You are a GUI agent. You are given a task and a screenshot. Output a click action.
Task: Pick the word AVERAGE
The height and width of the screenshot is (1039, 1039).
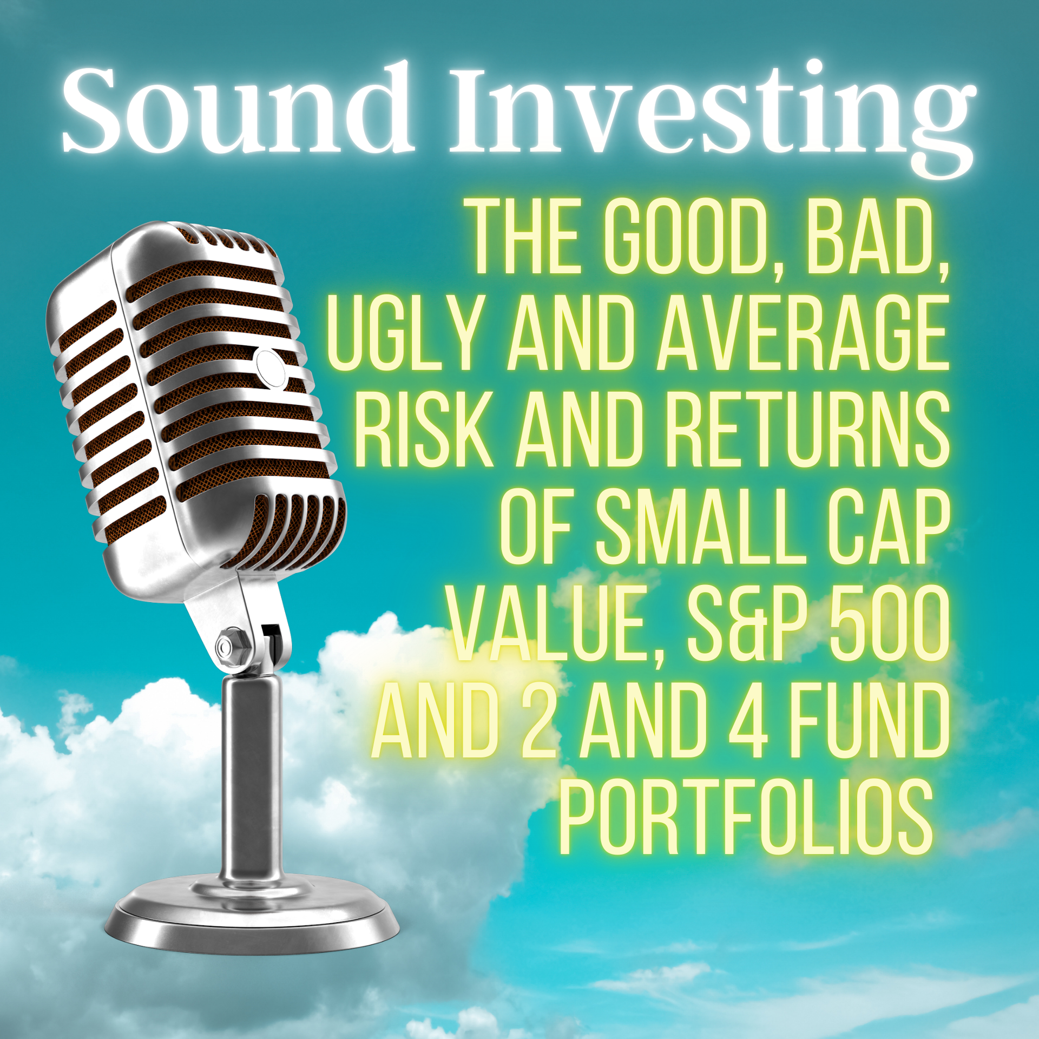803,333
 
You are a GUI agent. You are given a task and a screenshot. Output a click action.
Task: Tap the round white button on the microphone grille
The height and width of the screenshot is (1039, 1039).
271,369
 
